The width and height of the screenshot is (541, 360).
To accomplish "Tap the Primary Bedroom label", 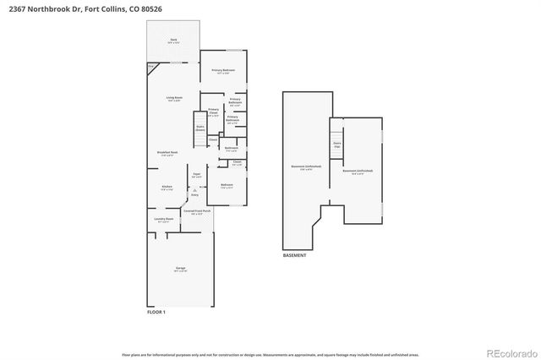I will tap(223, 70).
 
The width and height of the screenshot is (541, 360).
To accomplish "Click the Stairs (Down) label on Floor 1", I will tap(200, 128).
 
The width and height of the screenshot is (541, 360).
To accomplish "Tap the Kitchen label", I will tap(167, 188).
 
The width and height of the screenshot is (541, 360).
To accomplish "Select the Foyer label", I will tap(195, 175).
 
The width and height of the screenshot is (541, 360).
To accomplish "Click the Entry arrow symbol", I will tap(194, 190).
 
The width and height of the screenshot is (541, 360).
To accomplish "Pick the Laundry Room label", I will tap(164, 221).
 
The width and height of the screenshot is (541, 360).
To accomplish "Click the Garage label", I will tap(180, 268).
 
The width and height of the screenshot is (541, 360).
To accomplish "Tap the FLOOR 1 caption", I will tap(157, 312).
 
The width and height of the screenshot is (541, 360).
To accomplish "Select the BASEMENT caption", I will tap(295, 254).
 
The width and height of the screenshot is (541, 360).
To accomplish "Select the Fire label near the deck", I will tap(150, 65).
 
